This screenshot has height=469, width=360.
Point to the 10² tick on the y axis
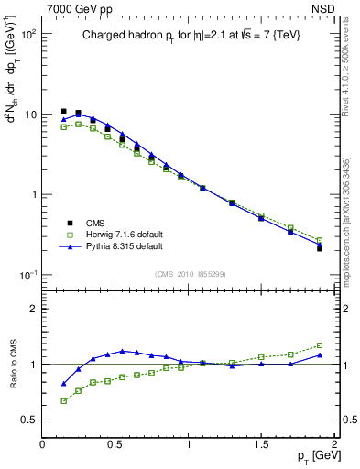pos(27,34)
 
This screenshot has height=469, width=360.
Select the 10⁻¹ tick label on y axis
pos(27,275)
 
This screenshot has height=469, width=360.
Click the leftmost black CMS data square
pos(63,111)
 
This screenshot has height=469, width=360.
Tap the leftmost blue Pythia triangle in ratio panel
pos(63,384)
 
